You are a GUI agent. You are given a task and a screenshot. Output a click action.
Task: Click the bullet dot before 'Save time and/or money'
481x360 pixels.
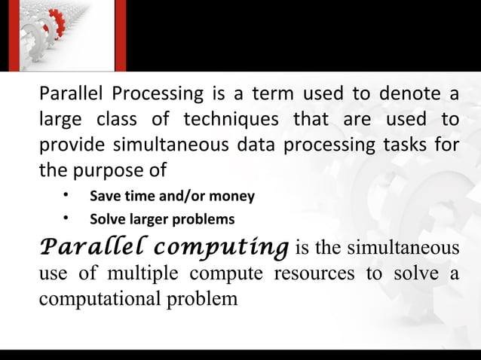66,196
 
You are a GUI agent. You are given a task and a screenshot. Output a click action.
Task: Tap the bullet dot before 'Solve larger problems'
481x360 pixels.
66,219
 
